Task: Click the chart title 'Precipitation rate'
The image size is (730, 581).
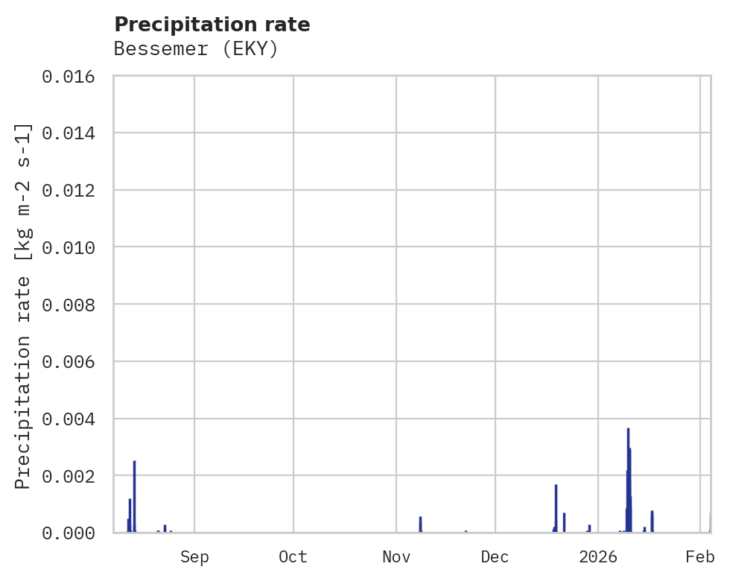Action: point(212,25)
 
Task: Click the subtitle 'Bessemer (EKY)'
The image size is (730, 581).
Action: point(196,49)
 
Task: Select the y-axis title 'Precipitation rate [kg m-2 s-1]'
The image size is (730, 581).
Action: point(24,305)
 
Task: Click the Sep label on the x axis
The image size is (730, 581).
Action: point(194,556)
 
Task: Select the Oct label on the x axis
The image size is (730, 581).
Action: point(293,556)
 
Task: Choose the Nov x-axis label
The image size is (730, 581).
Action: point(396,556)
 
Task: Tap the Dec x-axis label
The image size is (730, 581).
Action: point(495,556)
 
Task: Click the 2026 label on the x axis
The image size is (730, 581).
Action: point(599,556)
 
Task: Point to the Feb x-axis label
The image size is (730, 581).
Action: point(700,556)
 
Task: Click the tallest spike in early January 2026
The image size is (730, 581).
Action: point(628,447)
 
